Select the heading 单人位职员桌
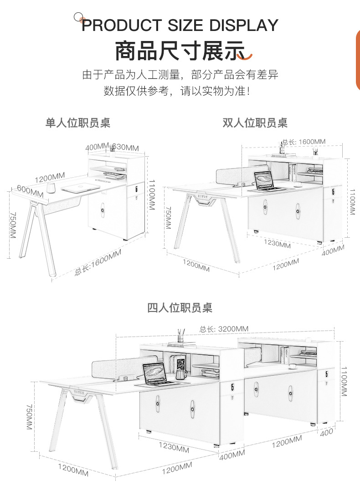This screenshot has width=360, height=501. pos(78,123)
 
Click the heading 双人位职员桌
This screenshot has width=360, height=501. pos(255,123)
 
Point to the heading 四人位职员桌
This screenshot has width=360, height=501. pos(180,308)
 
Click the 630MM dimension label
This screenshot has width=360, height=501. pos(125,147)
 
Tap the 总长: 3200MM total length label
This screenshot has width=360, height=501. pos(224,329)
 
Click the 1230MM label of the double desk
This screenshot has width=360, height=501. pos(277,244)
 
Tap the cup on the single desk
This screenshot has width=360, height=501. pos(51,187)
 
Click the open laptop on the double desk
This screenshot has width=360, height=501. pos(264,181)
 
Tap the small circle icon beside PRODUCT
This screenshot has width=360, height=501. pos(78,17)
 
